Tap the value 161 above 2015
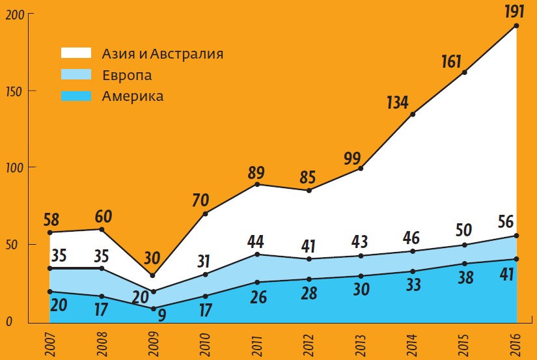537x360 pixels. (450, 62)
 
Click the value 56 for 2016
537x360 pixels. (504, 222)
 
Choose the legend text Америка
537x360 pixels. (133, 97)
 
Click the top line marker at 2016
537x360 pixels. (517, 26)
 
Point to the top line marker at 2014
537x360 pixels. (413, 115)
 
